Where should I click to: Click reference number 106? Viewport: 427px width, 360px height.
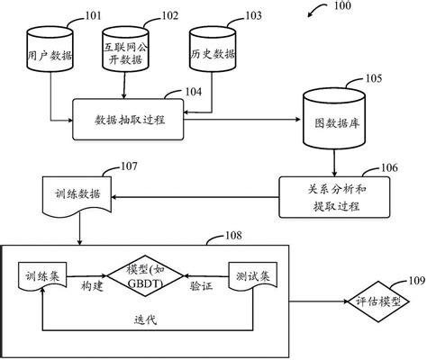click(389, 166)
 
